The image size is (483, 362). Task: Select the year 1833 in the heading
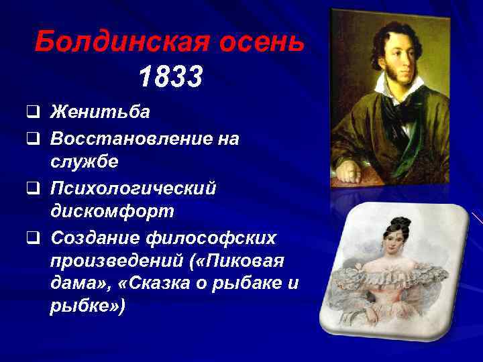click(170, 78)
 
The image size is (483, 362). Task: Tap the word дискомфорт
click(112, 213)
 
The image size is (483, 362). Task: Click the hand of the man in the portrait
click(349, 171)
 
